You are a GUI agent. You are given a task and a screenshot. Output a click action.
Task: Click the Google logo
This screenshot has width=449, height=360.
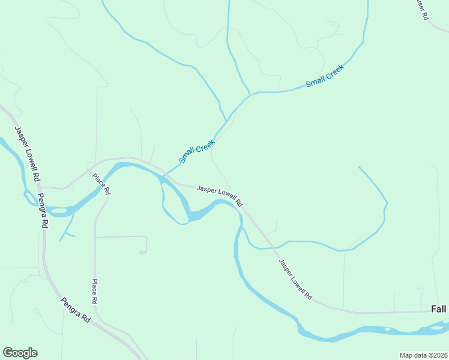[20, 353]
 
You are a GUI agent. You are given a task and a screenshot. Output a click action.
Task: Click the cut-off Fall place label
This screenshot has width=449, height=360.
[438, 309]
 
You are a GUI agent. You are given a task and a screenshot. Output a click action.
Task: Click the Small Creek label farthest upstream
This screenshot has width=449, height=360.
[324, 77]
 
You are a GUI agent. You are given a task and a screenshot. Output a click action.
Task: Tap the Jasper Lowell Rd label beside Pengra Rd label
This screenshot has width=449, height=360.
[28, 154]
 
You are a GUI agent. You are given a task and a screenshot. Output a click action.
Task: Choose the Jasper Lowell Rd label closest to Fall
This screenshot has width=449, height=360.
[295, 280]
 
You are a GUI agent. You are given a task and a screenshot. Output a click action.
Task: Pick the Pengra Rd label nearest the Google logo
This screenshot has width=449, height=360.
[76, 311]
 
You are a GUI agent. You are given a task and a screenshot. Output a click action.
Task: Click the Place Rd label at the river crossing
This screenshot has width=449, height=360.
[101, 184]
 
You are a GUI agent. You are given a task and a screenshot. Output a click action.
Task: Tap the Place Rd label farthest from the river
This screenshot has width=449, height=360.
[95, 291]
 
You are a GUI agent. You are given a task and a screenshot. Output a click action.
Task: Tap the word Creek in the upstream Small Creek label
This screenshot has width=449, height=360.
[333, 73]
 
